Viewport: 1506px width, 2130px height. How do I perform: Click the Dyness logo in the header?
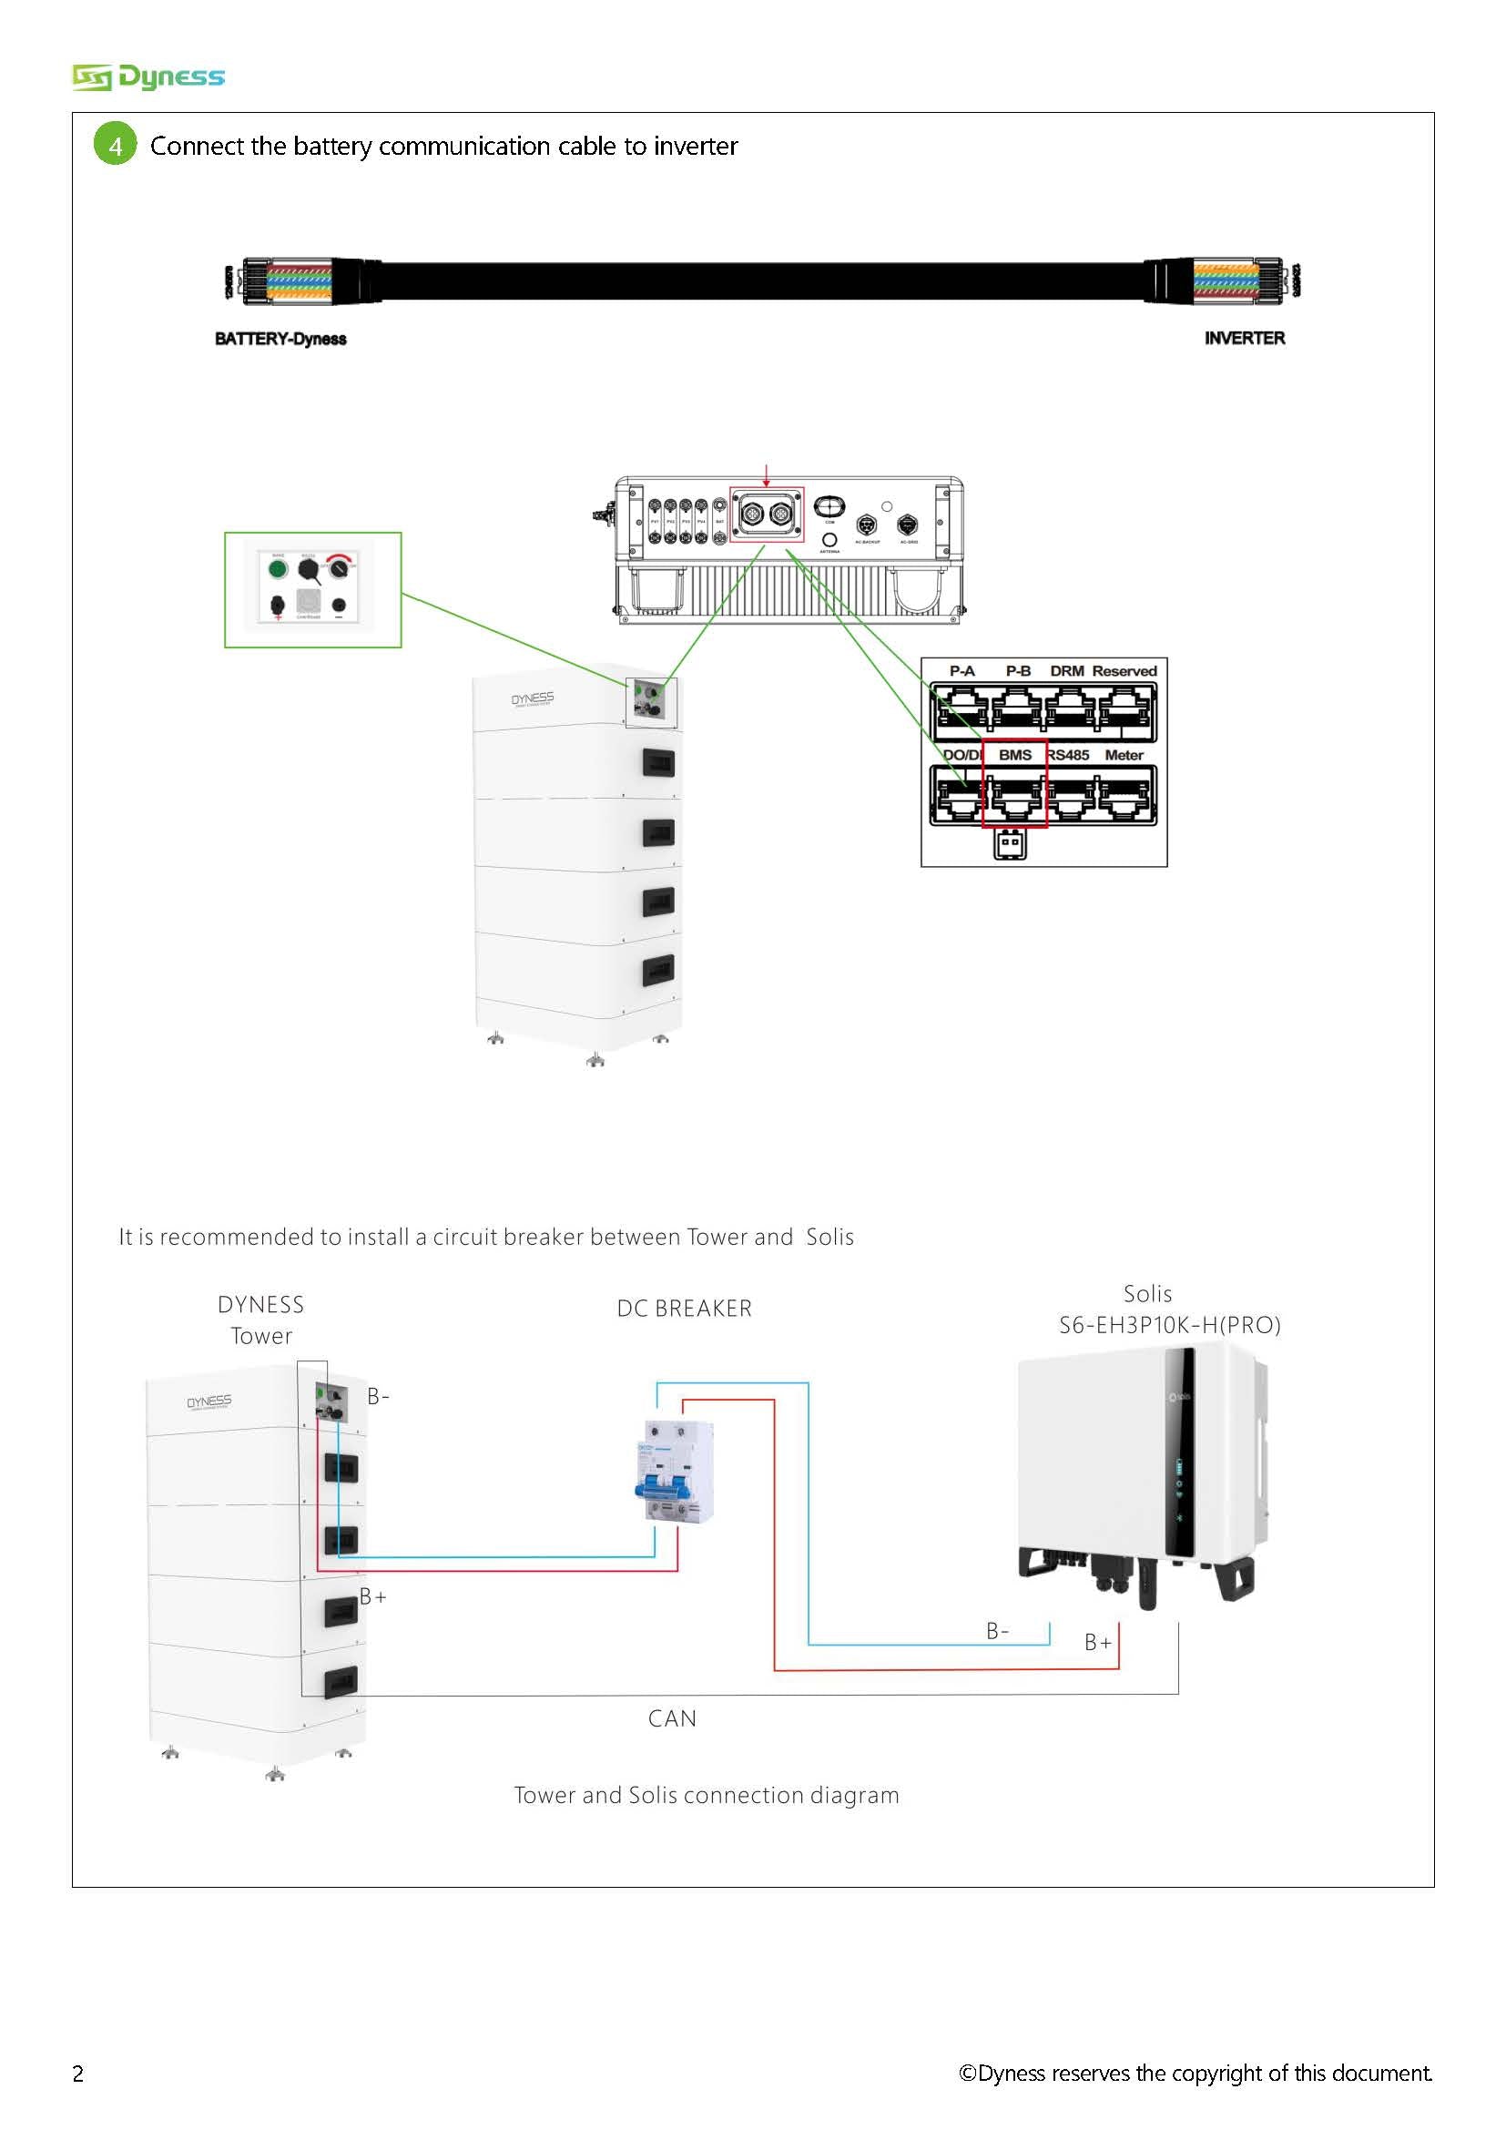[148, 77]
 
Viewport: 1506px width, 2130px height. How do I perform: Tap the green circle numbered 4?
[115, 145]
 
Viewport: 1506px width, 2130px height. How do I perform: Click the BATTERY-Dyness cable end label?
[280, 339]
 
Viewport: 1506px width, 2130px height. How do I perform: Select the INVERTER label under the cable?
[1245, 338]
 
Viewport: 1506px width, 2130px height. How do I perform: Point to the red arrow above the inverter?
[766, 474]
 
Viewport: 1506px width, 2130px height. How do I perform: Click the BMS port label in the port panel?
[1014, 755]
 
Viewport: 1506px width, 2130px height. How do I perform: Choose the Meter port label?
[1123, 755]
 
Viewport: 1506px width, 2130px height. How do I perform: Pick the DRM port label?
[1066, 671]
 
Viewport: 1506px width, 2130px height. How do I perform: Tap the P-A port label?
[962, 671]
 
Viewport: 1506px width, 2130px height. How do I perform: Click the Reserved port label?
[1124, 671]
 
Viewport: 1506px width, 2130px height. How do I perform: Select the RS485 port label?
[1069, 755]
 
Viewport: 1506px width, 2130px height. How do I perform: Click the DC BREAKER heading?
[685, 1308]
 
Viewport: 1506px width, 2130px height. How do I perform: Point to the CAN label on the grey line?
[672, 1718]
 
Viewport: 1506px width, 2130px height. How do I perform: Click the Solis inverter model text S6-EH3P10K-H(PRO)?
[1169, 1325]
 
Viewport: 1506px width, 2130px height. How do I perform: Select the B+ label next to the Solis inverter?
[1098, 1642]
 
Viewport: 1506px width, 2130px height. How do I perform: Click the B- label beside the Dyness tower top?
[379, 1396]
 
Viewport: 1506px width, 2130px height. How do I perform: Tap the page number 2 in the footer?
[78, 2074]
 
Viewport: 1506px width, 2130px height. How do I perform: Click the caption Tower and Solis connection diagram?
[707, 1795]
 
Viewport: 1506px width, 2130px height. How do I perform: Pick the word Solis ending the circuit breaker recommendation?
[830, 1237]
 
